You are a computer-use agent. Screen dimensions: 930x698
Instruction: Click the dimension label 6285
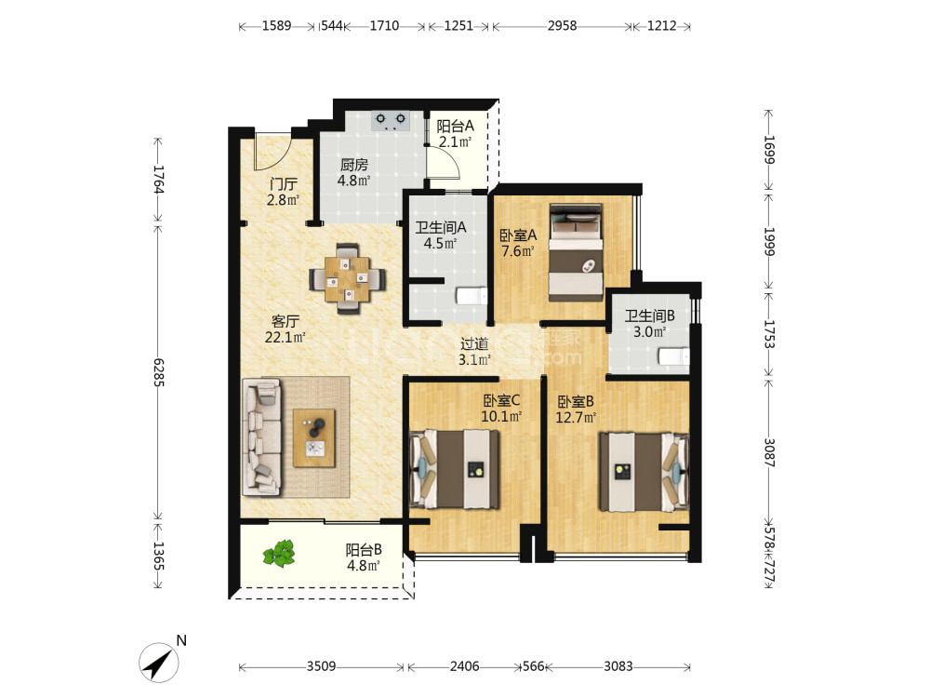(158, 373)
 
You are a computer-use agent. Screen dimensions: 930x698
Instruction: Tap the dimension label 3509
(321, 666)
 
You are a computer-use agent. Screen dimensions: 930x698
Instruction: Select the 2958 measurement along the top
(562, 25)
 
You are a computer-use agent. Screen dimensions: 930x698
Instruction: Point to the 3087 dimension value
(769, 453)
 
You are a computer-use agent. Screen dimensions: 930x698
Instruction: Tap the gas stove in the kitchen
(391, 120)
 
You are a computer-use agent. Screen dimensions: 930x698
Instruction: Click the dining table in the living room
(348, 277)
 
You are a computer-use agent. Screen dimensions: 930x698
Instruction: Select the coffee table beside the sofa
(314, 438)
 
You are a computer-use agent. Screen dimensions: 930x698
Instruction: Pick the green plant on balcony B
(279, 554)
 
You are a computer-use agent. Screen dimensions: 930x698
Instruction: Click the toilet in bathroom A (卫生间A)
(472, 296)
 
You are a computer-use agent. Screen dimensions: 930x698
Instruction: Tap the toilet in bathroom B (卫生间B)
(673, 356)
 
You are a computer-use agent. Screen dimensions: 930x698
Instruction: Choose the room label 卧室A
(518, 235)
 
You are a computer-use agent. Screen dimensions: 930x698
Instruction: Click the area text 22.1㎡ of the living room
(285, 338)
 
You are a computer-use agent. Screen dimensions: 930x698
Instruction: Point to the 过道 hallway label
(474, 343)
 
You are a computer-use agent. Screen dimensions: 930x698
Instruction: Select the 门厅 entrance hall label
(283, 184)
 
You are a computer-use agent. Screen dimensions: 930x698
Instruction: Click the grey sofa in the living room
(261, 436)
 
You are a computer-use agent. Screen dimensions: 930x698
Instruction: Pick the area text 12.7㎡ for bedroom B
(576, 418)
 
